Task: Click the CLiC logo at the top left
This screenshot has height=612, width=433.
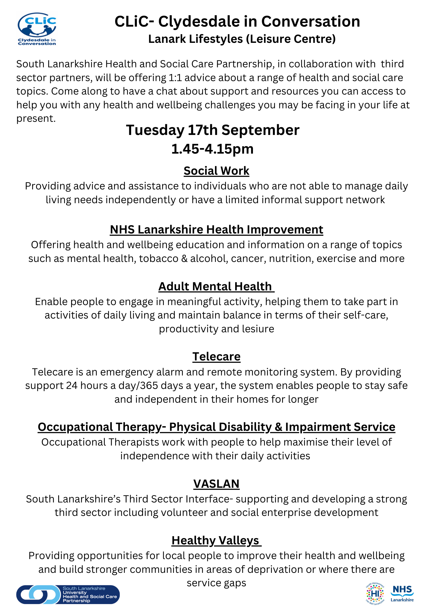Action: tap(37, 29)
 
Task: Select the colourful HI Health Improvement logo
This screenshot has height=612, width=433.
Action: tap(375, 593)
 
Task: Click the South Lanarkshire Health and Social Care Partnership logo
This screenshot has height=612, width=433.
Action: tap(68, 594)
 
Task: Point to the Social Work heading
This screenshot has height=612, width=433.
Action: tap(217, 171)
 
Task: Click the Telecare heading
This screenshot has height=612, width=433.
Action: tap(217, 356)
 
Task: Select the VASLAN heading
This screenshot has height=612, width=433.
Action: tap(217, 483)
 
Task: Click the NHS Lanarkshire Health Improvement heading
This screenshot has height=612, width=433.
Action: tap(217, 229)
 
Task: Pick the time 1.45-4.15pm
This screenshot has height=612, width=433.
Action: tap(213, 149)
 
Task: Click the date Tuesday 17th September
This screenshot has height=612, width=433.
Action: tap(213, 130)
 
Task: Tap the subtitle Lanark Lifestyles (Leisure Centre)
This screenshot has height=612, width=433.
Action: tap(242, 39)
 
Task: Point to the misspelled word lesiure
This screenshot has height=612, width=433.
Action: tap(258, 329)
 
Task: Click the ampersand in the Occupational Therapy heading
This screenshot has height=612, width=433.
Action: tap(278, 427)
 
